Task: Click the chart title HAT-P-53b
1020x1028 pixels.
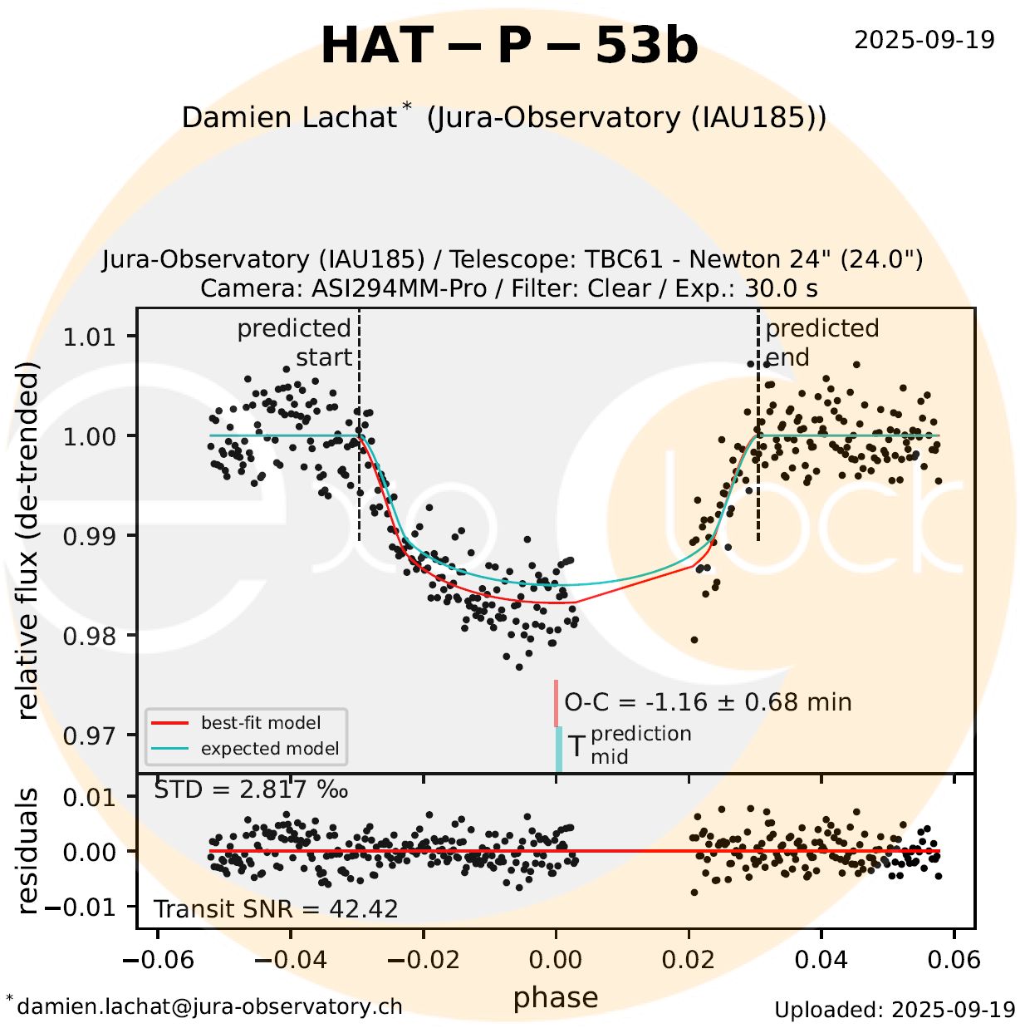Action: (509, 46)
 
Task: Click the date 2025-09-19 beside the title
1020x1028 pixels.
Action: (924, 40)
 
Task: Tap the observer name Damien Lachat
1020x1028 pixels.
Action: (288, 117)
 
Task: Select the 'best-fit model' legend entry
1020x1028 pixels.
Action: (260, 723)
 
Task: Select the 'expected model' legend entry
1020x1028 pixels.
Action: (269, 749)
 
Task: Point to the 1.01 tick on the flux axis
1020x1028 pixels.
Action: (89, 337)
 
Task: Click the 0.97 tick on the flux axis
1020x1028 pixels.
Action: (89, 735)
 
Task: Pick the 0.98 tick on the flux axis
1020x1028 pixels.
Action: (89, 636)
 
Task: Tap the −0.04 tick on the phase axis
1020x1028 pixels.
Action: (291, 960)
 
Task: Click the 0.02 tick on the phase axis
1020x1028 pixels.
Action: (689, 960)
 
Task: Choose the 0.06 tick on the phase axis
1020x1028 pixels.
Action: (954, 960)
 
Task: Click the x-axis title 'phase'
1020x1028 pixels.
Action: (556, 996)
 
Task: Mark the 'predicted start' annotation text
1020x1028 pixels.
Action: (295, 342)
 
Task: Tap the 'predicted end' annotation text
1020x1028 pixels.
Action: (821, 342)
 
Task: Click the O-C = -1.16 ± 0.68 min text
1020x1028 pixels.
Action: (708, 702)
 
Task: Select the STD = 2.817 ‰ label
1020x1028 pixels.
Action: (251, 789)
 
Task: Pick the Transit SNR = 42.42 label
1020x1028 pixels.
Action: (276, 909)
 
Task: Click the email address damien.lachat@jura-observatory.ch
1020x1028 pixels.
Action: (209, 1006)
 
